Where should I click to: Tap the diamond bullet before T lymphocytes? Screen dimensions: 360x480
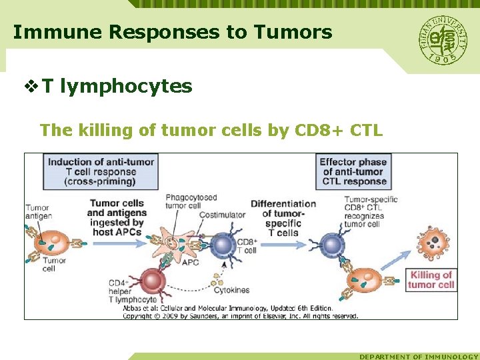pos(31,87)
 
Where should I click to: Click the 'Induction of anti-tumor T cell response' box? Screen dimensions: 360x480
pos(101,171)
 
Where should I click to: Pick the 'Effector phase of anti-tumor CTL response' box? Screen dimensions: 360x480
pos(353,171)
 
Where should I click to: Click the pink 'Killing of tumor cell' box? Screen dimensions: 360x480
pos(431,279)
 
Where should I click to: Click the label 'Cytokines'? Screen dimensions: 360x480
pos(232,290)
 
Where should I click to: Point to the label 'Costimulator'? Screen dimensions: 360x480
pos(223,214)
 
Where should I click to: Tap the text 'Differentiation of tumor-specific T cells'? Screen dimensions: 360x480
pos(283,218)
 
